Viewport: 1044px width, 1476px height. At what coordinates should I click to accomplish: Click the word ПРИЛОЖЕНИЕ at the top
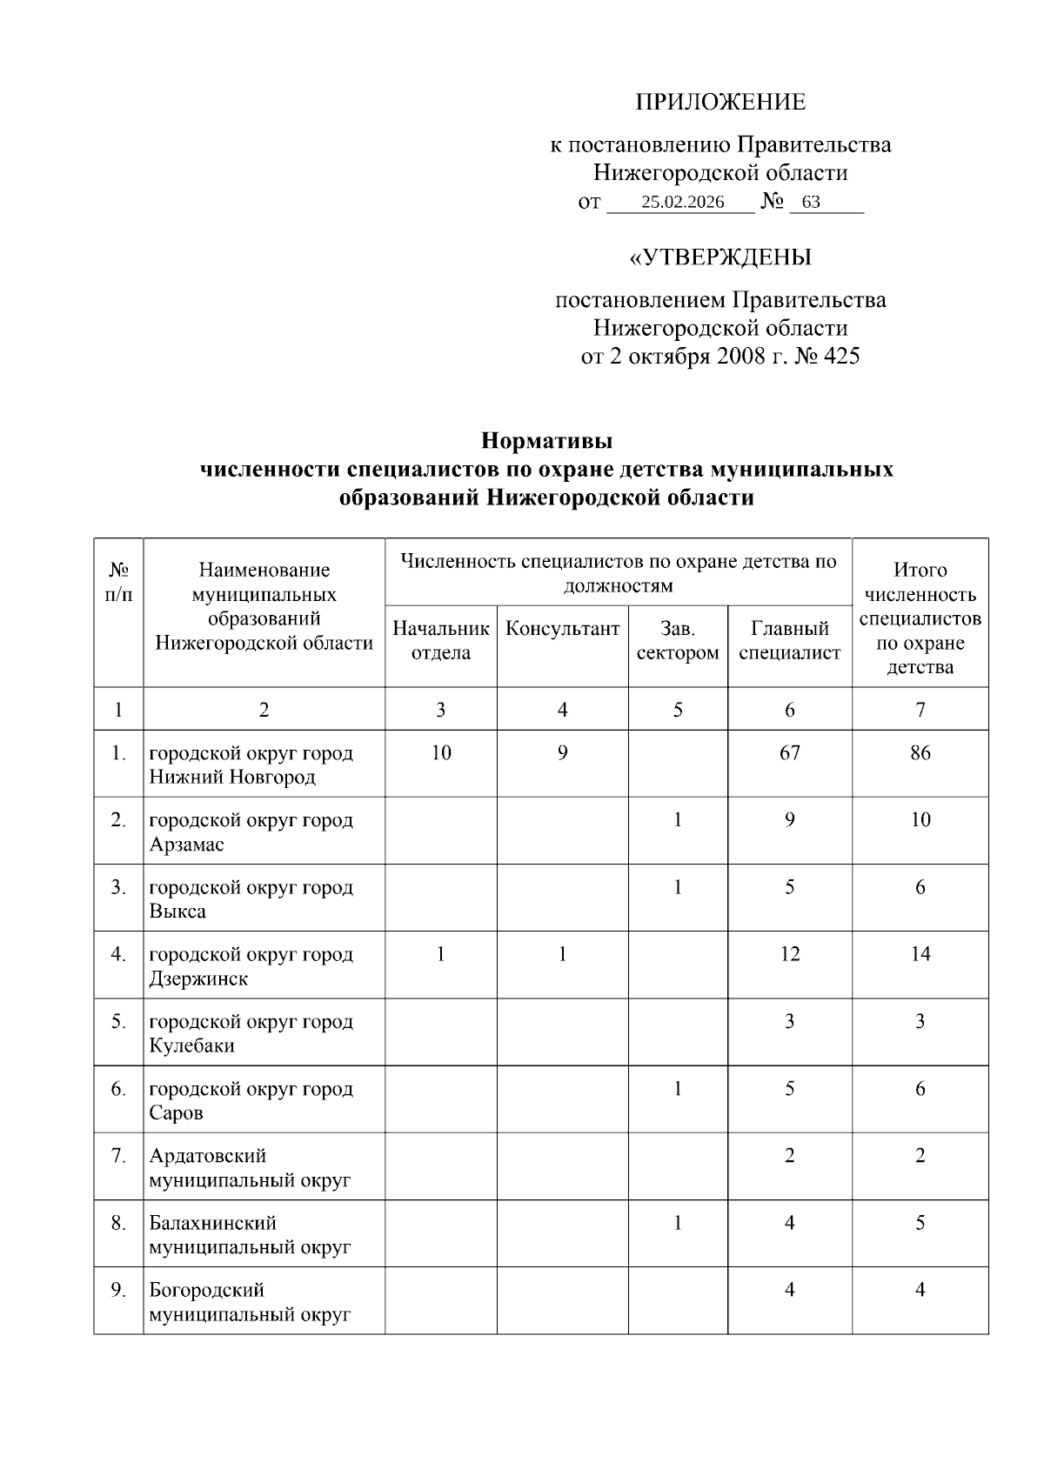pyautogui.click(x=720, y=103)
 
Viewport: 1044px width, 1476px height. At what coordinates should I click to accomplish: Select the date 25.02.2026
pyautogui.click(x=682, y=203)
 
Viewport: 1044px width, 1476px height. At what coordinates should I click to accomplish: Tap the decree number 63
pyautogui.click(x=810, y=203)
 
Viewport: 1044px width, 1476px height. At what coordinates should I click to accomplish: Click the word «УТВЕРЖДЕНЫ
pyautogui.click(x=720, y=258)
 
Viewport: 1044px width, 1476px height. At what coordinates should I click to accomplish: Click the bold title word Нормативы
pyautogui.click(x=546, y=441)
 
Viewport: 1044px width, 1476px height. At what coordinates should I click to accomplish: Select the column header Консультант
pyautogui.click(x=562, y=629)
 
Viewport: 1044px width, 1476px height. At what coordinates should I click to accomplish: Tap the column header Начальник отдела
pyautogui.click(x=441, y=640)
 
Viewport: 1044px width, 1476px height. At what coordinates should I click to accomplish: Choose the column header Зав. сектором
pyautogui.click(x=678, y=640)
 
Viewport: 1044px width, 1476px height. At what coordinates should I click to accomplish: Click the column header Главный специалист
pyautogui.click(x=789, y=640)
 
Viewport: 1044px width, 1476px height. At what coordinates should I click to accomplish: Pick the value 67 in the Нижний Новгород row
pyautogui.click(x=789, y=752)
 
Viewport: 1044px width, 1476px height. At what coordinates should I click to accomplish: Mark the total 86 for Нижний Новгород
pyautogui.click(x=920, y=752)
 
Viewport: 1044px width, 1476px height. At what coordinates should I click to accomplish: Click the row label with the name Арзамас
pyautogui.click(x=187, y=845)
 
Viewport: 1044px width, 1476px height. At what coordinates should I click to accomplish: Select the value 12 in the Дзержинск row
pyautogui.click(x=789, y=954)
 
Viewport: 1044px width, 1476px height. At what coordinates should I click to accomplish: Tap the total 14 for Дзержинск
pyautogui.click(x=920, y=954)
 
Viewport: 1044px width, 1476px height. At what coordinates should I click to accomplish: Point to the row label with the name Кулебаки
pyautogui.click(x=192, y=1046)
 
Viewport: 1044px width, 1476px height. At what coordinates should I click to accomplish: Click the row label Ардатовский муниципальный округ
pyautogui.click(x=250, y=1168)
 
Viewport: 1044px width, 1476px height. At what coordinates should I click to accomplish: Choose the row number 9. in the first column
pyautogui.click(x=118, y=1290)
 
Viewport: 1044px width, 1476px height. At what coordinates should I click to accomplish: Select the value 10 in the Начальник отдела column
pyautogui.click(x=441, y=752)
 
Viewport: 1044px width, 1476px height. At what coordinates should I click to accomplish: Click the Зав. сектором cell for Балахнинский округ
pyautogui.click(x=678, y=1223)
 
